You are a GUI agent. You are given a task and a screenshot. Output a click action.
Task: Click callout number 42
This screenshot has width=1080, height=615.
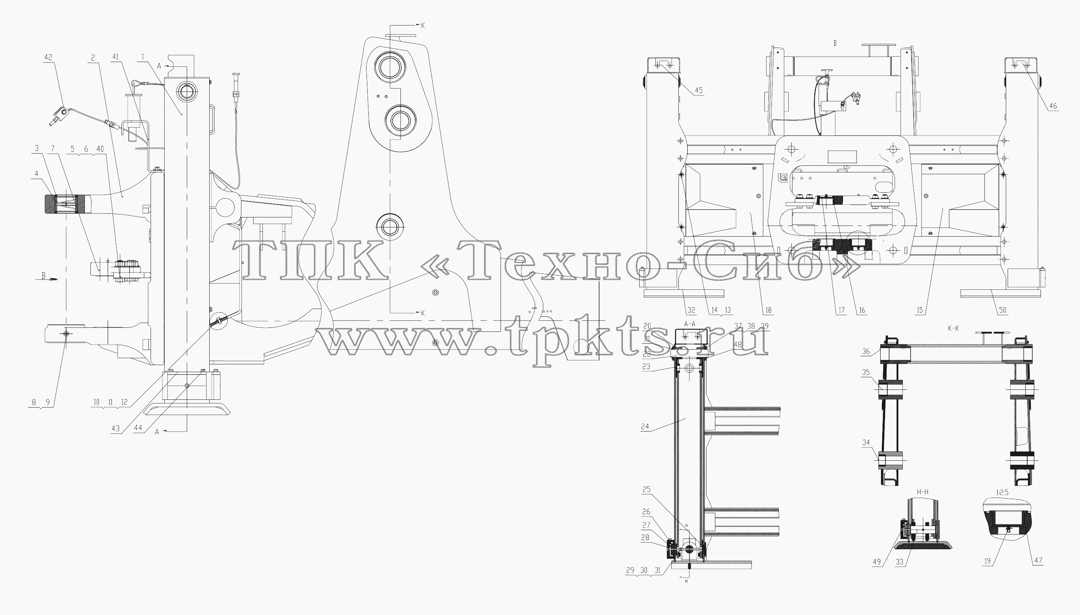click(49, 58)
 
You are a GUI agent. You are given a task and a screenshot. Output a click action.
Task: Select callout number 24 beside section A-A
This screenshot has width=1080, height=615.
click(645, 427)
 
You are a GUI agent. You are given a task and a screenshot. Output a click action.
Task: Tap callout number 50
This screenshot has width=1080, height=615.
click(1003, 310)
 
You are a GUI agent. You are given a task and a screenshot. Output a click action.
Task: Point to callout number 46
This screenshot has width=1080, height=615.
click(1053, 106)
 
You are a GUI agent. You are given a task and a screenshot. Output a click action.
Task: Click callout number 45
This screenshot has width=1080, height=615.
click(699, 90)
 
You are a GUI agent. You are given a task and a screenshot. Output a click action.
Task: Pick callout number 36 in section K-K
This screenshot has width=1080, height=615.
click(866, 351)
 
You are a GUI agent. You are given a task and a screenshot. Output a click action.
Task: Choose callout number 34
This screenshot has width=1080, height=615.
click(866, 443)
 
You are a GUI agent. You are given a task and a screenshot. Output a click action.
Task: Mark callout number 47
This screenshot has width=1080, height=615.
click(1038, 560)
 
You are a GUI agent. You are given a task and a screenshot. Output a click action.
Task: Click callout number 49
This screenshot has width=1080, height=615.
click(877, 562)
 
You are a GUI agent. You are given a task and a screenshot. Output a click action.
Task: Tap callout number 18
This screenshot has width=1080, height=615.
click(768, 310)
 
